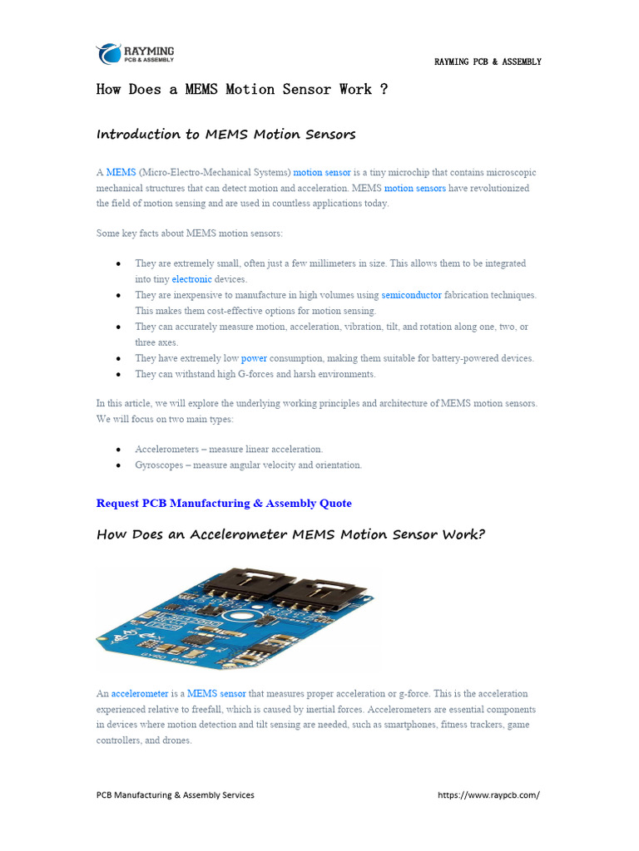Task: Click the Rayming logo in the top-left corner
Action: [x=136, y=54]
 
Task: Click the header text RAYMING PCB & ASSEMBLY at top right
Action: [x=488, y=61]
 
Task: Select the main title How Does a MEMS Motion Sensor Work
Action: [x=242, y=90]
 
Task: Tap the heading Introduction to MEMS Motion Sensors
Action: [x=225, y=135]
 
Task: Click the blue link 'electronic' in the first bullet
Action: [x=191, y=279]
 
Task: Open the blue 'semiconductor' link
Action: [x=411, y=295]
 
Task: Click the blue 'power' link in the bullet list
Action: [x=254, y=358]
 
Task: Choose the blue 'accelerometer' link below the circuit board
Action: [x=140, y=693]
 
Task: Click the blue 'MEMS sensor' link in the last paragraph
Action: [x=216, y=693]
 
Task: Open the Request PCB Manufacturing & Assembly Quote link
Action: [x=224, y=504]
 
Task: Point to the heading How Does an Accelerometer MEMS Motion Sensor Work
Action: [x=290, y=534]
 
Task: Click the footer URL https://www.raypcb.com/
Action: [x=488, y=795]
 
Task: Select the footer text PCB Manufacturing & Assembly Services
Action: [x=176, y=795]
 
